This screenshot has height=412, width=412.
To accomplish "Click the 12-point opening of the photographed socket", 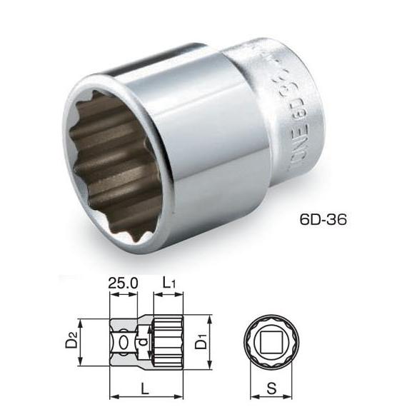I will (118, 150).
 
